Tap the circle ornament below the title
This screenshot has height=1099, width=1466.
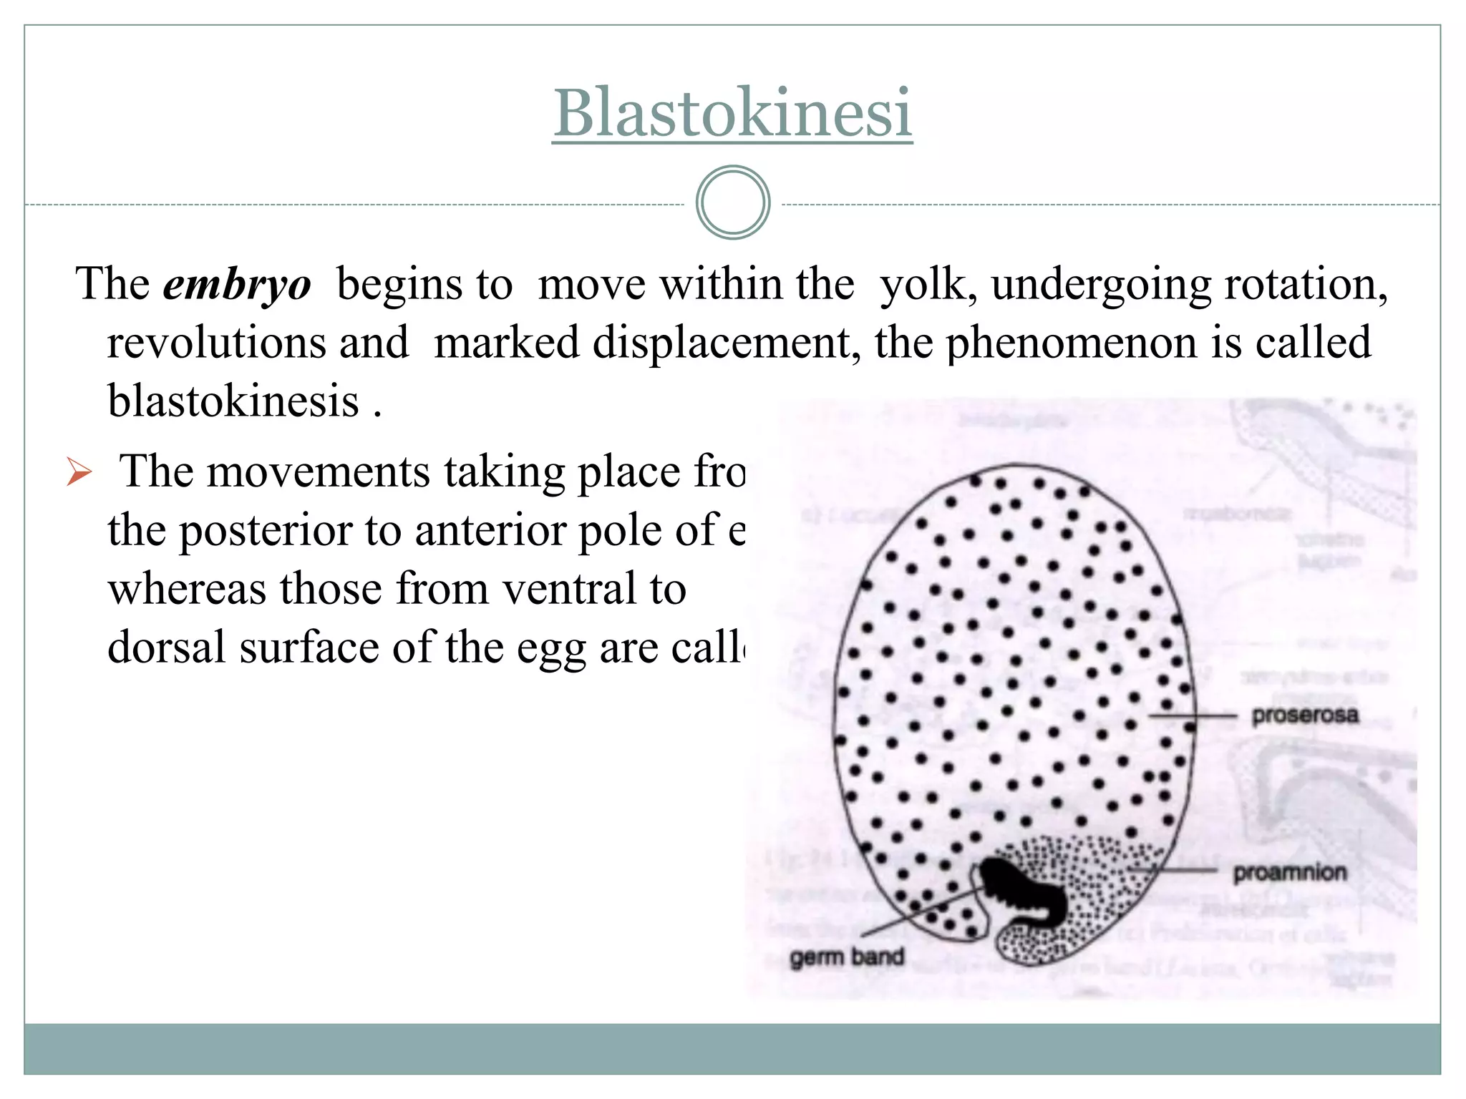(x=732, y=202)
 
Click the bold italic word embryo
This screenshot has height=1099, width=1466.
(x=237, y=284)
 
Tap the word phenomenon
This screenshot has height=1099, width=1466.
(x=1071, y=343)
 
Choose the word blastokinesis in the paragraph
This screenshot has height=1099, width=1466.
(x=233, y=401)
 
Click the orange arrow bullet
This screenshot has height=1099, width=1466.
(x=79, y=472)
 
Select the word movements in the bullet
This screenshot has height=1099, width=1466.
(x=318, y=472)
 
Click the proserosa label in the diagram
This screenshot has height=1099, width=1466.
(x=1304, y=715)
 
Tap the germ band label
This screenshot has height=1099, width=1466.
(x=847, y=957)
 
